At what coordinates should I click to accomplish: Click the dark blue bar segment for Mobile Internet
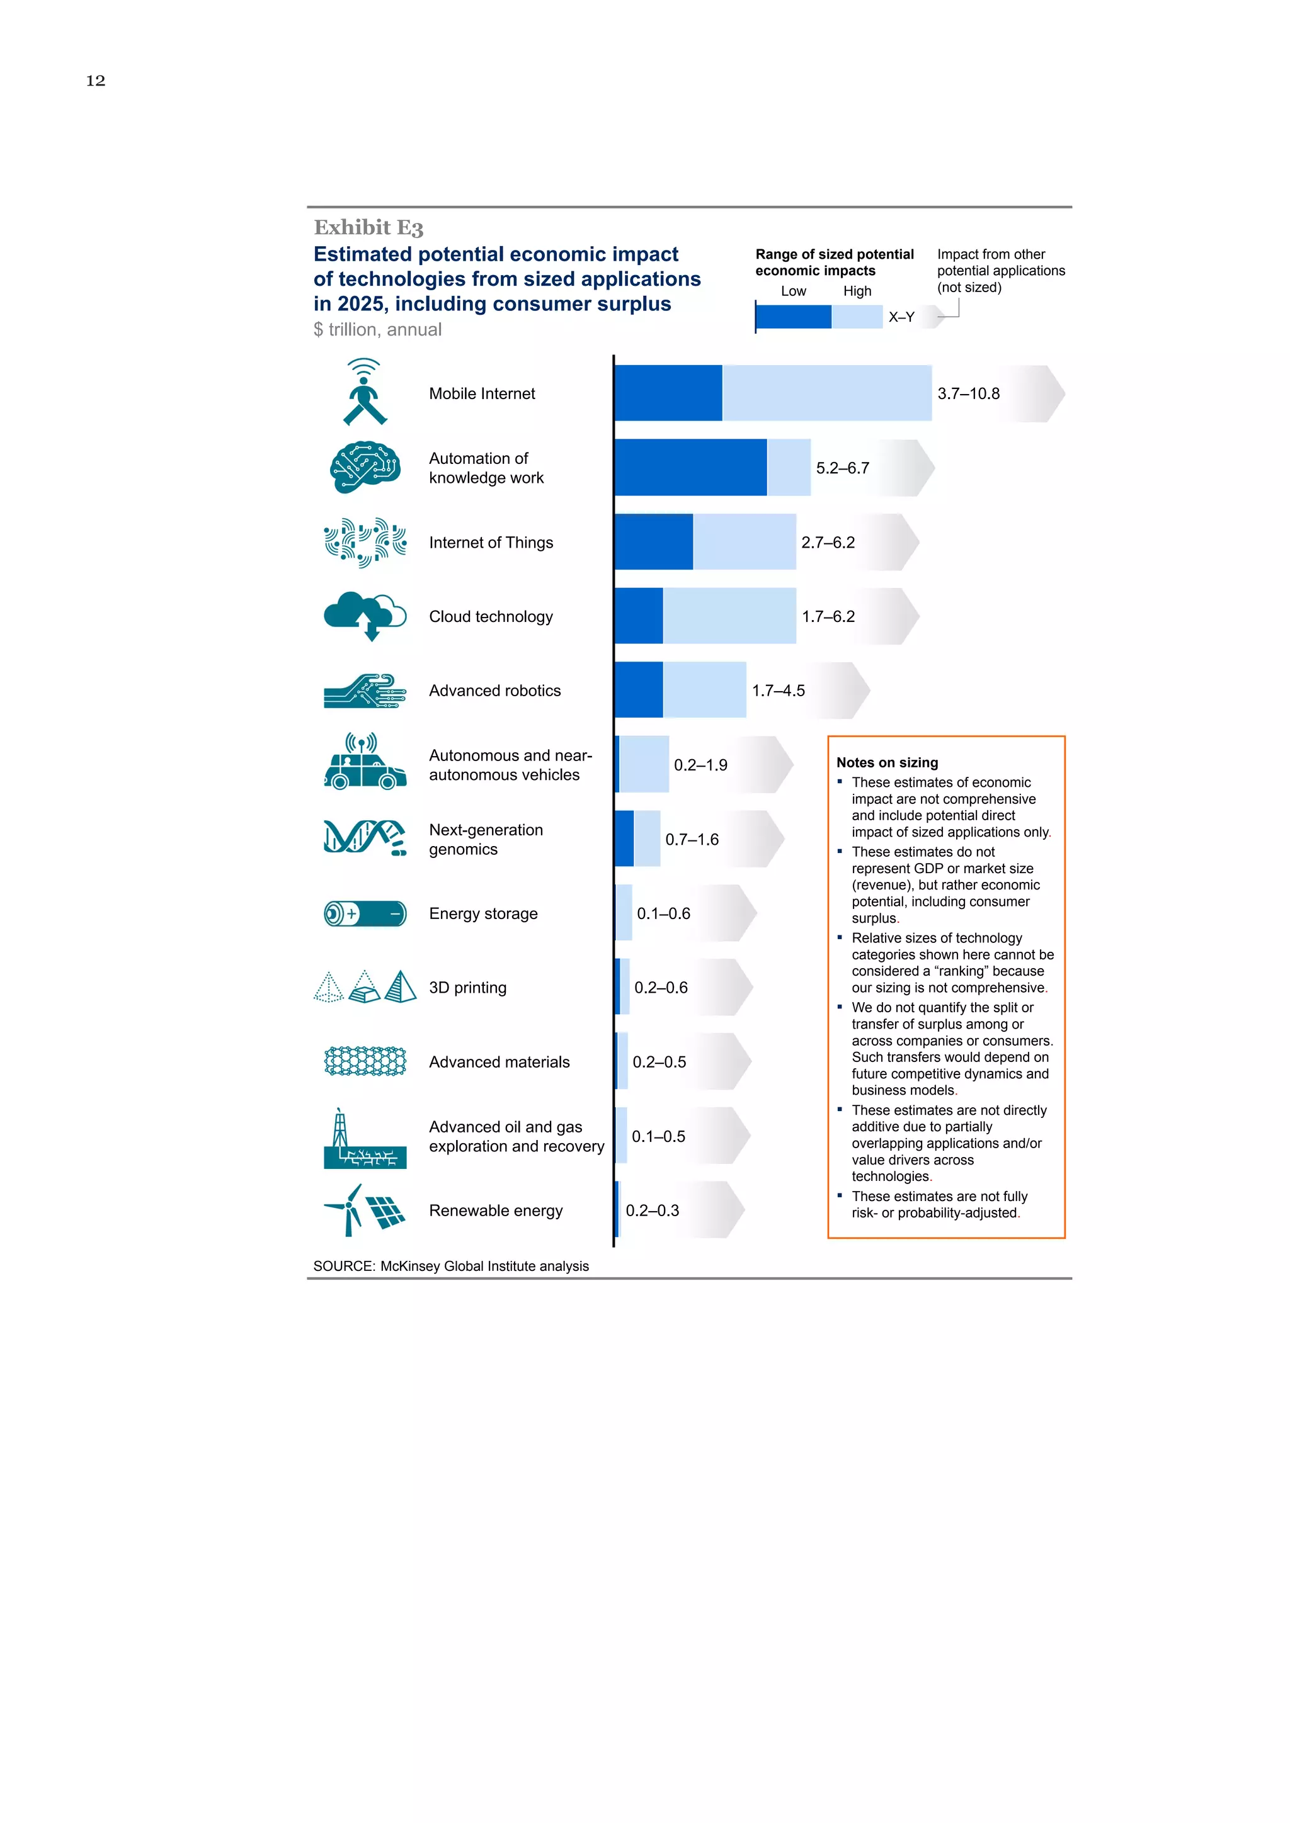coord(668,393)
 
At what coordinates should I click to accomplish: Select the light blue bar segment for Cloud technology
coord(729,616)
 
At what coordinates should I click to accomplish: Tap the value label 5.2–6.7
coord(842,468)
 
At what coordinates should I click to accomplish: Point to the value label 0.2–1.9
coord(700,765)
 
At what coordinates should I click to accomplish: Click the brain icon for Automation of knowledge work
coord(365,468)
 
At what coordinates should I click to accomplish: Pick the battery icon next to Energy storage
coord(365,914)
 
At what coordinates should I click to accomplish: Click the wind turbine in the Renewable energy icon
coord(346,1210)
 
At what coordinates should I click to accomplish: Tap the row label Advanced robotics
coord(494,691)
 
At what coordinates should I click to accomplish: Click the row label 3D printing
coord(467,988)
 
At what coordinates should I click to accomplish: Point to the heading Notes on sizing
coord(886,762)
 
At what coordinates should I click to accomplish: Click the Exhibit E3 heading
coord(368,228)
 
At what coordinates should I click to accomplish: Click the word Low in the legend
coord(793,291)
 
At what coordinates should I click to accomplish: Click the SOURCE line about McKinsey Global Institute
coord(450,1267)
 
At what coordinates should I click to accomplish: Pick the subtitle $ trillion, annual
coord(377,329)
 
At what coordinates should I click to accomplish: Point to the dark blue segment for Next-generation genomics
coord(624,839)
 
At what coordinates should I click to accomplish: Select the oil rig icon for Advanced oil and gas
coord(365,1139)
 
